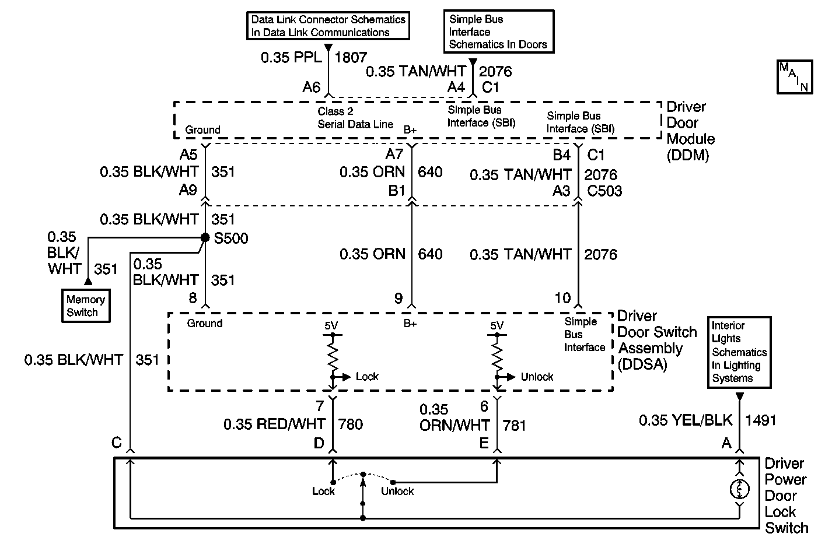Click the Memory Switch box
pyautogui.click(x=86, y=306)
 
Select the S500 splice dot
pyautogui.click(x=205, y=237)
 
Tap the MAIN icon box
pyautogui.click(x=794, y=76)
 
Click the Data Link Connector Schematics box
pyautogui.click(x=328, y=26)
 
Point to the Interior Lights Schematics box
pyautogui.click(x=739, y=352)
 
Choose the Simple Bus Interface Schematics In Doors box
pyautogui.click(x=498, y=31)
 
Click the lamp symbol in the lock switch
pyautogui.click(x=739, y=489)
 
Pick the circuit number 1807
pyautogui.click(x=351, y=57)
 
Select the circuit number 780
pyautogui.click(x=351, y=424)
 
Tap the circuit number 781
pyautogui.click(x=514, y=426)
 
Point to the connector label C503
pyautogui.click(x=604, y=191)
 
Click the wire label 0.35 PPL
pyautogui.click(x=291, y=57)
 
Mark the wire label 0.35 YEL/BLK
pyautogui.click(x=685, y=420)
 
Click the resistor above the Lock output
pyautogui.click(x=333, y=357)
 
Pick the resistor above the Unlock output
pyautogui.click(x=497, y=357)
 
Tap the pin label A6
pyautogui.click(x=312, y=87)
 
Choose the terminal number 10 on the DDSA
pyautogui.click(x=562, y=298)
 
